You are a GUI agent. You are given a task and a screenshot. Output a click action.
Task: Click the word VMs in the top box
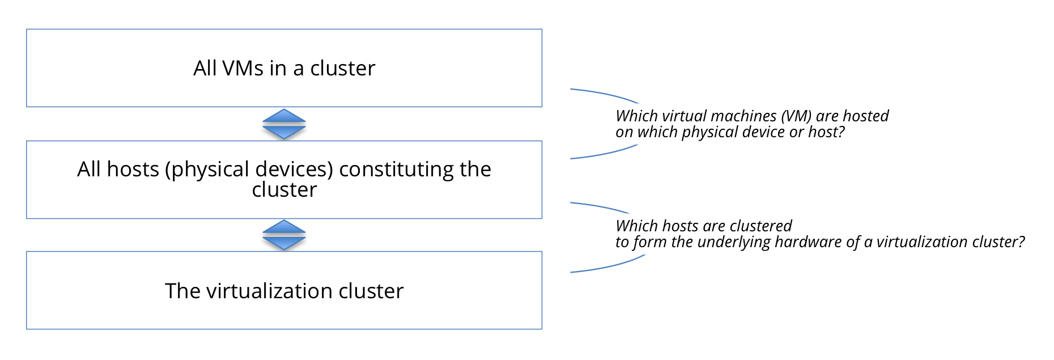pyautogui.click(x=243, y=69)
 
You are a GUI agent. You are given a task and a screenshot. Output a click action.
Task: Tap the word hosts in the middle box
pyautogui.click(x=133, y=170)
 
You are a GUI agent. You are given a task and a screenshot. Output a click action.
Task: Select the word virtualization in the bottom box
pyautogui.click(x=269, y=291)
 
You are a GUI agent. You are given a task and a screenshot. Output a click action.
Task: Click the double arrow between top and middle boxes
pyautogui.click(x=284, y=124)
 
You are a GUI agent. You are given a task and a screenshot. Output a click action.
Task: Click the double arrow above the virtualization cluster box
pyautogui.click(x=284, y=235)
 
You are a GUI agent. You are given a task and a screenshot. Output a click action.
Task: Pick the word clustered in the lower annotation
pyautogui.click(x=761, y=226)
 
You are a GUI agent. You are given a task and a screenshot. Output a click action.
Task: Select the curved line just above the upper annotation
pyautogui.click(x=603, y=94)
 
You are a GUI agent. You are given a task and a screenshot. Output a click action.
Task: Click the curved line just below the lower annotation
pyautogui.click(x=606, y=268)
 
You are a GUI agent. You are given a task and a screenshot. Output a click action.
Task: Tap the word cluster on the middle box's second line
pyautogui.click(x=284, y=190)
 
